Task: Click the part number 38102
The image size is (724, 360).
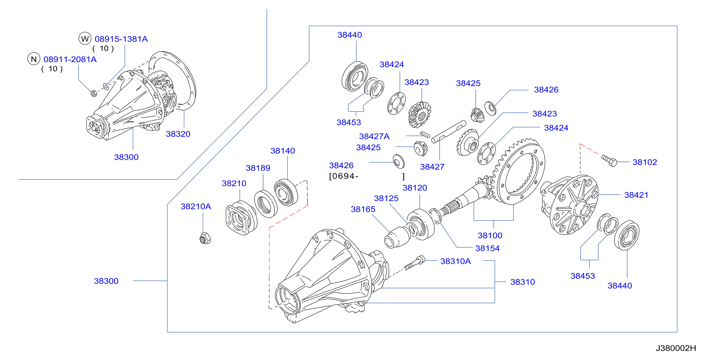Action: click(x=644, y=162)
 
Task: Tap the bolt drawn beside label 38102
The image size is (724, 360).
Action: click(x=609, y=161)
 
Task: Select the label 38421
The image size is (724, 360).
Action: click(x=636, y=195)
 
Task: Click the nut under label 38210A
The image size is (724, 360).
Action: click(x=205, y=238)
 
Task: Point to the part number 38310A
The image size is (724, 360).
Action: click(x=455, y=261)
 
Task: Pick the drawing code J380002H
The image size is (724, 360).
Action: click(x=676, y=348)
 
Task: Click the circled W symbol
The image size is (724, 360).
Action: click(x=85, y=39)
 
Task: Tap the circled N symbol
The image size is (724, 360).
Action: click(x=34, y=59)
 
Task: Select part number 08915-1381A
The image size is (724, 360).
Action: click(x=121, y=39)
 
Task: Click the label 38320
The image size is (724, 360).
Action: click(x=178, y=134)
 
